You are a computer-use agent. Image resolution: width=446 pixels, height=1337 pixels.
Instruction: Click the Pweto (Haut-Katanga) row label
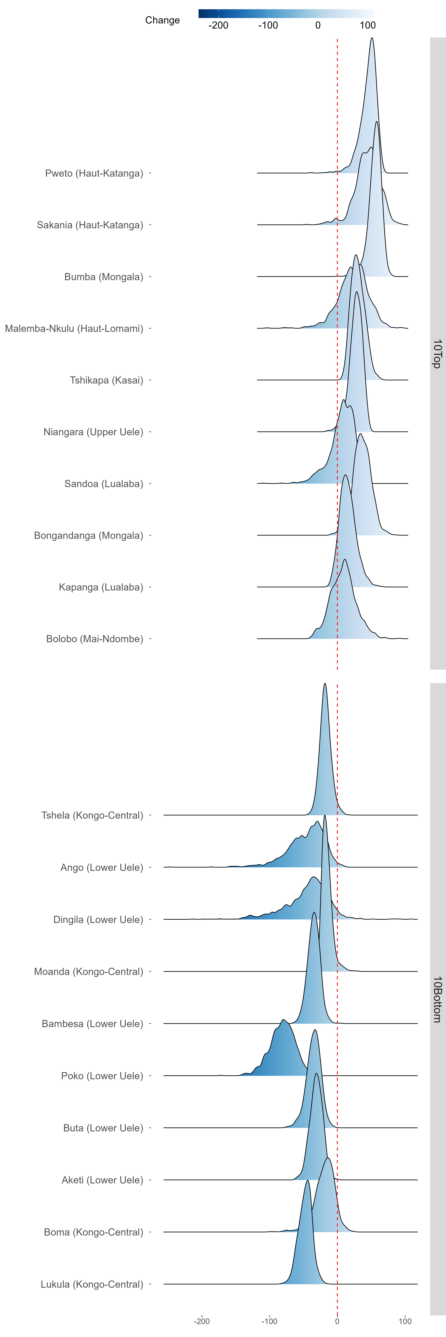[x=94, y=173]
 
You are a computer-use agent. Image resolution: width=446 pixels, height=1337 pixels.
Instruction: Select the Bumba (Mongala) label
[x=103, y=277]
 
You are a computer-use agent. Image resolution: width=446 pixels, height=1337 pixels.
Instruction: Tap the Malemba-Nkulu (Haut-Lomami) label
[x=74, y=329]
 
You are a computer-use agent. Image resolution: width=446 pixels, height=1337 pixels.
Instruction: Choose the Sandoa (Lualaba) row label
[x=103, y=484]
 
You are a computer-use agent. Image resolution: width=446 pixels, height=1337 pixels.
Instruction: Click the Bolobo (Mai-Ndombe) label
[x=95, y=639]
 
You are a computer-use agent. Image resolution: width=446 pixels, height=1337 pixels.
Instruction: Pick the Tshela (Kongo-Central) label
[x=92, y=815]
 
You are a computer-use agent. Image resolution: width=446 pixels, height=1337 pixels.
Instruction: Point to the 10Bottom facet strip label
[x=437, y=999]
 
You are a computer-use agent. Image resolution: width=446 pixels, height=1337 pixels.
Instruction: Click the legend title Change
[x=162, y=20]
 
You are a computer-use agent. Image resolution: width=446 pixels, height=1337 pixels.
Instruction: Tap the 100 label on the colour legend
[x=368, y=25]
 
